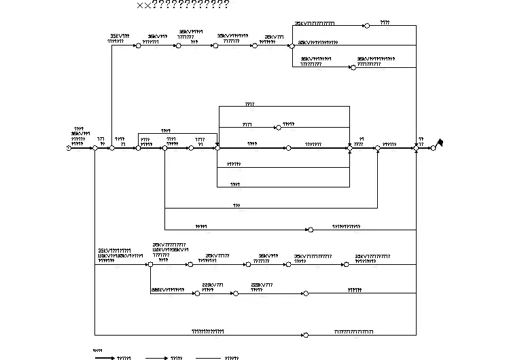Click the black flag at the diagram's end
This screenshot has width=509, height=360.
click(440, 143)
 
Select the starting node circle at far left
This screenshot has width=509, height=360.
click(69, 148)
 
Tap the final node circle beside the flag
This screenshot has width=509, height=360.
click(433, 148)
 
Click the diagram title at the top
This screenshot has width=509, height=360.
click(183, 5)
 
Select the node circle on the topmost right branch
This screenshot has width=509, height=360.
click(366, 26)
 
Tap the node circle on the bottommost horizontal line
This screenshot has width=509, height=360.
click(305, 335)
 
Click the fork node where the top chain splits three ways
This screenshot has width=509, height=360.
click(291, 46)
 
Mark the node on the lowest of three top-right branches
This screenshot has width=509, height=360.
click(352, 67)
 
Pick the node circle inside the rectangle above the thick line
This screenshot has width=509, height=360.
click(277, 127)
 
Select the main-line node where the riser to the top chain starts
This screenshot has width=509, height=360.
click(111, 148)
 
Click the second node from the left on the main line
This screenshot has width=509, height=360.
click(95, 148)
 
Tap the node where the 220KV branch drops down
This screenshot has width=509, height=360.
click(150, 264)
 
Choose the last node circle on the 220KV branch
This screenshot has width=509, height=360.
click(305, 294)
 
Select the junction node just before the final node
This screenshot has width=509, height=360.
click(416, 148)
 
